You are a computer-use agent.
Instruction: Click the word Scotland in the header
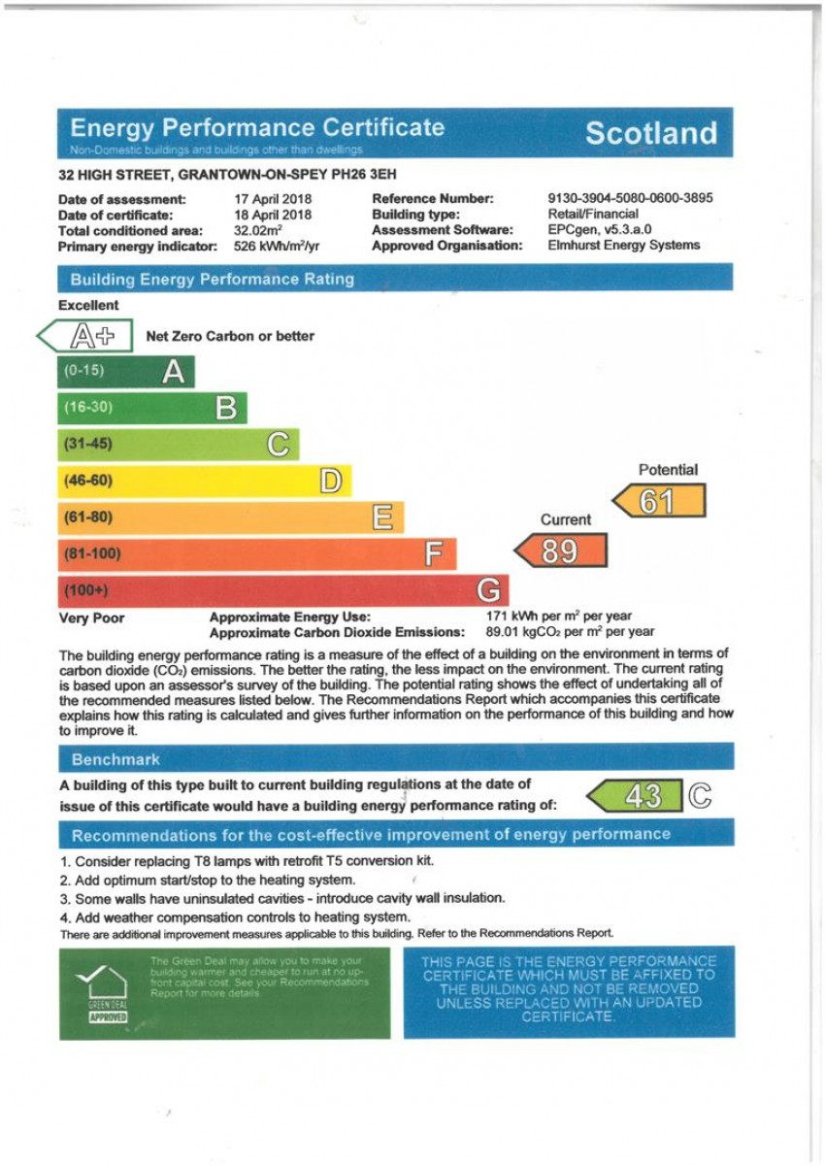pyautogui.click(x=650, y=134)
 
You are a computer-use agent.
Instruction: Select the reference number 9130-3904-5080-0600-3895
pyautogui.click(x=630, y=198)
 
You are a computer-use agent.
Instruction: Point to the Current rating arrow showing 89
pyautogui.click(x=561, y=550)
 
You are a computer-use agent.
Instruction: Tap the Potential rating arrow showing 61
pyautogui.click(x=659, y=501)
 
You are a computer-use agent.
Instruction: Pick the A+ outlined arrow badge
pyautogui.click(x=85, y=336)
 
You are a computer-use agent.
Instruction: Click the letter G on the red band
pyautogui.click(x=490, y=590)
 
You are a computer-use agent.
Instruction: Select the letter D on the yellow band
pyautogui.click(x=331, y=481)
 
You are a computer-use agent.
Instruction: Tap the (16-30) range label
pyautogui.click(x=88, y=408)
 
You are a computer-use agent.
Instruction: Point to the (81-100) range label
pyautogui.click(x=92, y=554)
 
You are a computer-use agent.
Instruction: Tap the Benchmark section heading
pyautogui.click(x=115, y=759)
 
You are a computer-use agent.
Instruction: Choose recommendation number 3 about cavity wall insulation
pyautogui.click(x=281, y=899)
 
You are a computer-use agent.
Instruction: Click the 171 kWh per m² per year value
pyautogui.click(x=558, y=616)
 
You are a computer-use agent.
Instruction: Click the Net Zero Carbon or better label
pyautogui.click(x=230, y=336)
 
